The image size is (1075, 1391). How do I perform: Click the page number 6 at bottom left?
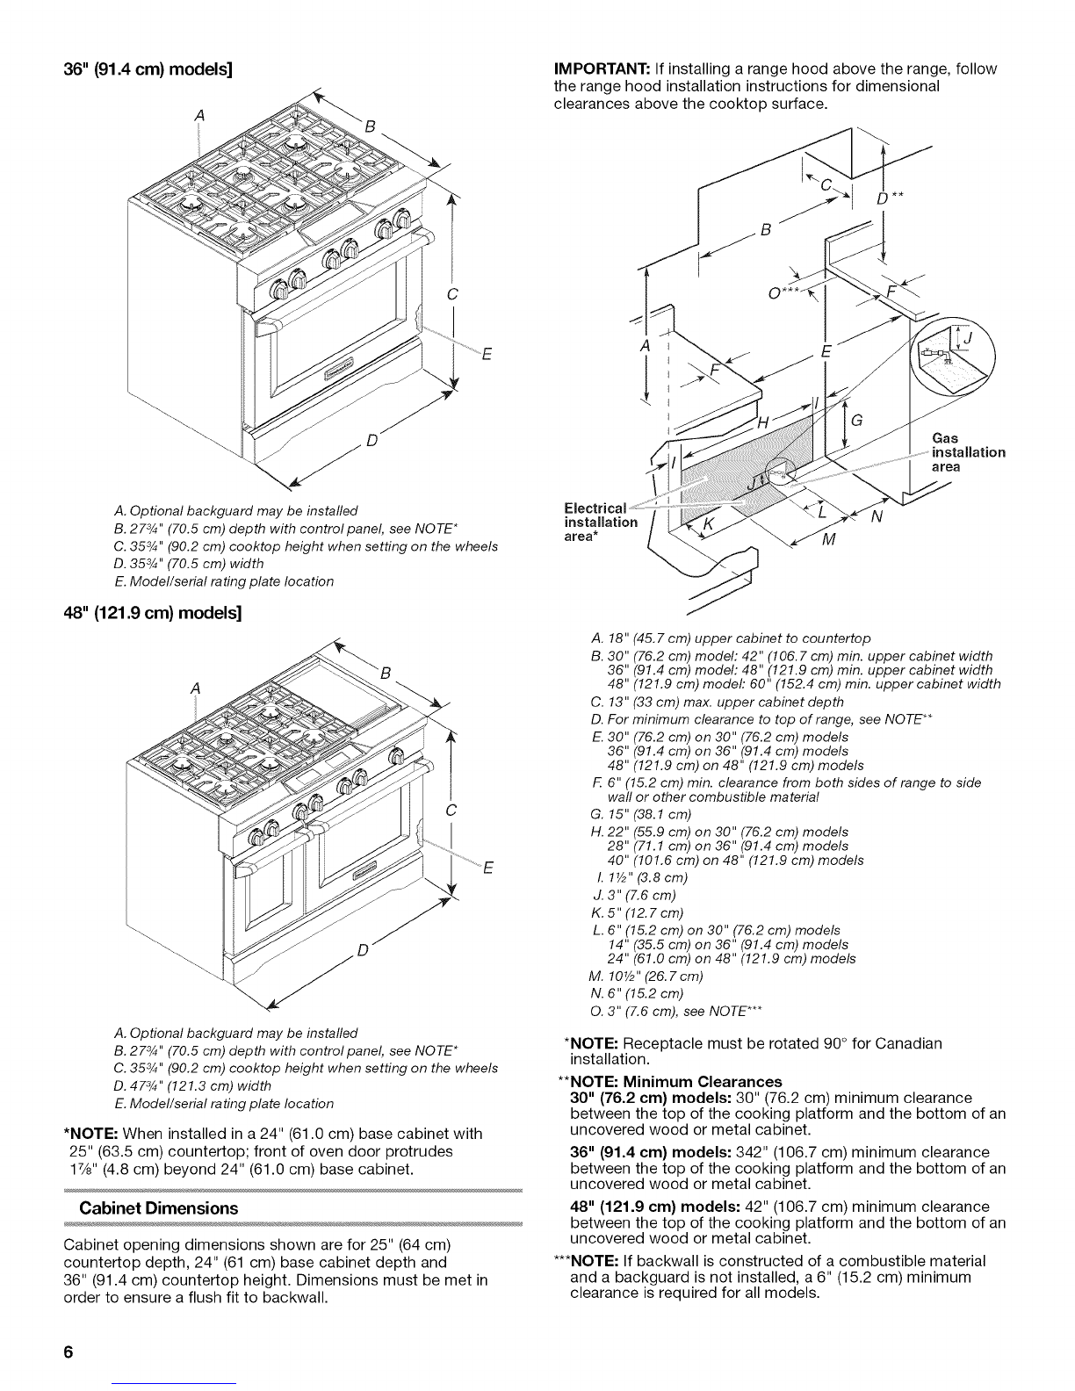pos(69,1352)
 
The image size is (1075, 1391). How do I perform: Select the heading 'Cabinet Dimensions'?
pos(158,1208)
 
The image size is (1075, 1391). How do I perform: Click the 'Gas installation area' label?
pos(968,452)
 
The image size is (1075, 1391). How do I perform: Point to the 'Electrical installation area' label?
pos(601,522)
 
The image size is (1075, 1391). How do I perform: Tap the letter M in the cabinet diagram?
pos(829,540)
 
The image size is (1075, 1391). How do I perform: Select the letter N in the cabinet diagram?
pos(877,516)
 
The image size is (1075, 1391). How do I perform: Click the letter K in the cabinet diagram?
pos(708,523)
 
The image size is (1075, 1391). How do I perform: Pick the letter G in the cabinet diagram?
pos(856,421)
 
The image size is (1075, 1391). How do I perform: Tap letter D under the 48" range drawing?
pos(363,950)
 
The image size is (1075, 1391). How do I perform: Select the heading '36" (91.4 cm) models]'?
pos(148,69)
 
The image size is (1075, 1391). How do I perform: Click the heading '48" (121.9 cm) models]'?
pos(153,613)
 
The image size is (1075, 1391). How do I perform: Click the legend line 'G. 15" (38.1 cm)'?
pos(641,814)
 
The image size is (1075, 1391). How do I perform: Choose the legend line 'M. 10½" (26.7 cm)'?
pos(646,977)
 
